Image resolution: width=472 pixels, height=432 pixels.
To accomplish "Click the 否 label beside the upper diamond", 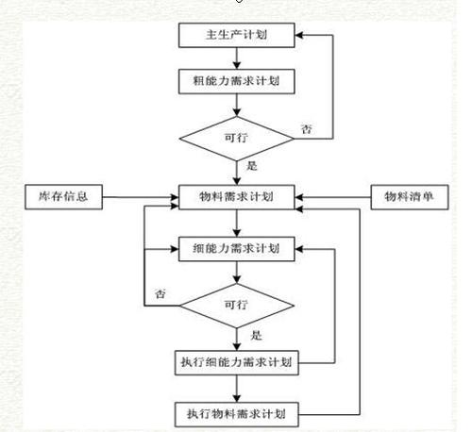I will click(306, 128).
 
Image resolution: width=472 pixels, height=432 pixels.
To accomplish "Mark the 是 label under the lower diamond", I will click(256, 334).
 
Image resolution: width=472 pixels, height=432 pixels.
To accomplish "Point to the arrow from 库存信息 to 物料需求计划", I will click(142, 199).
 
